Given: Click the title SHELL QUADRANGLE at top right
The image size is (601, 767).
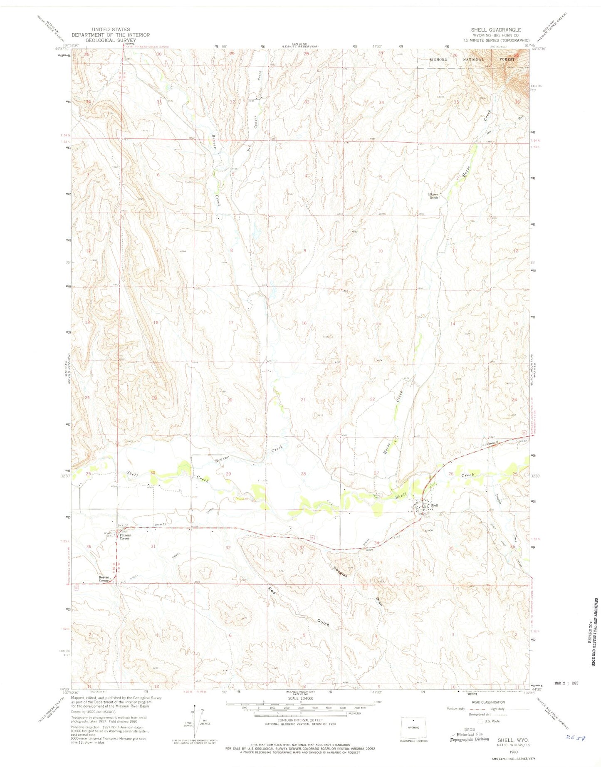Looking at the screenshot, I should tap(496, 30).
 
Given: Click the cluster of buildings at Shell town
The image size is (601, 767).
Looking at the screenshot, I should tap(425, 507).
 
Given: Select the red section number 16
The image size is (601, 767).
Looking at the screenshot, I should tap(304, 323).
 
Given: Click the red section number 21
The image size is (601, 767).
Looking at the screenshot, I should tap(303, 399).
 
